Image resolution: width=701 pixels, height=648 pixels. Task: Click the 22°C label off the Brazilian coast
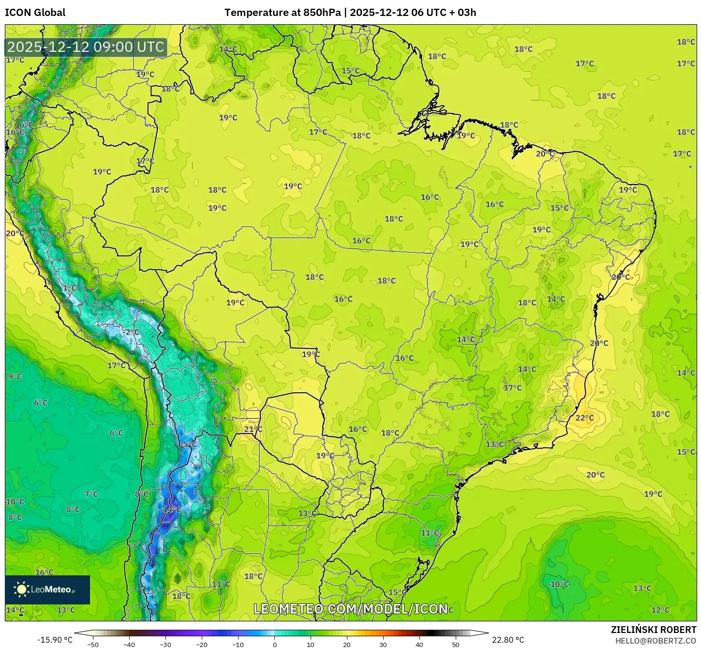click(584, 418)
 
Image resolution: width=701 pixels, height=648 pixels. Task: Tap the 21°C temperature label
click(253, 429)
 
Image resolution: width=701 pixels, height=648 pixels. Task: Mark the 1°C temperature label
click(70, 288)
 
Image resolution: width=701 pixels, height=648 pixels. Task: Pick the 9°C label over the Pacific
click(15, 376)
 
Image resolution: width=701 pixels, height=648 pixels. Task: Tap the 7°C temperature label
click(91, 494)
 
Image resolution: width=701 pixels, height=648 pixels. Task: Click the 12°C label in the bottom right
click(660, 610)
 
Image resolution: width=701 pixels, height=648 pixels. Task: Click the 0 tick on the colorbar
click(274, 644)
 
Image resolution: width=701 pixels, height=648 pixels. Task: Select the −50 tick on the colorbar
click(92, 644)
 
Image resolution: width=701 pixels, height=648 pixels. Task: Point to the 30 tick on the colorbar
click(383, 644)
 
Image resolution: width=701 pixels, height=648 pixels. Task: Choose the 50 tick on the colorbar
click(456, 644)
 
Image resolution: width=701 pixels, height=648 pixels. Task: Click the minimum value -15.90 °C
click(55, 640)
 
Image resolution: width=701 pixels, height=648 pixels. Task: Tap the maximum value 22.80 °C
click(508, 640)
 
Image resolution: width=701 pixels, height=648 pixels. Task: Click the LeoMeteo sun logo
click(21, 589)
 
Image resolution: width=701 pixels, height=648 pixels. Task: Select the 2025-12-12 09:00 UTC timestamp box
click(86, 47)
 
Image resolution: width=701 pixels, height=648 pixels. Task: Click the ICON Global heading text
click(35, 13)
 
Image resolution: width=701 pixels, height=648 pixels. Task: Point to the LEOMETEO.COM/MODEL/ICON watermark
click(350, 609)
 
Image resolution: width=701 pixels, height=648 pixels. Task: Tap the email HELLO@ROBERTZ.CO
click(656, 641)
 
